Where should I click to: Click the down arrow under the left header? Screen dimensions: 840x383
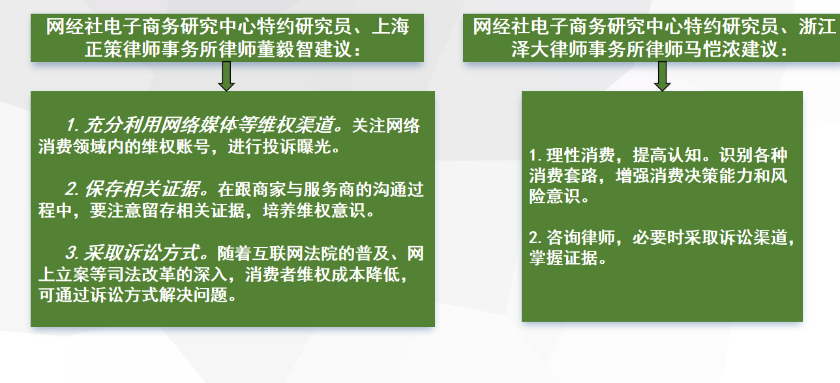(226, 76)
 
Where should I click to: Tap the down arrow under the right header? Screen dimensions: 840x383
(662, 76)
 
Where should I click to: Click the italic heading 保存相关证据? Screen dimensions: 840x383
(142, 189)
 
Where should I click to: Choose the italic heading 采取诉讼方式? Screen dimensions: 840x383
(141, 253)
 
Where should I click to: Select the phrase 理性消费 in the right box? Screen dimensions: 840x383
(580, 156)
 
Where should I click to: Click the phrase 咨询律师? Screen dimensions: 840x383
(580, 238)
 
